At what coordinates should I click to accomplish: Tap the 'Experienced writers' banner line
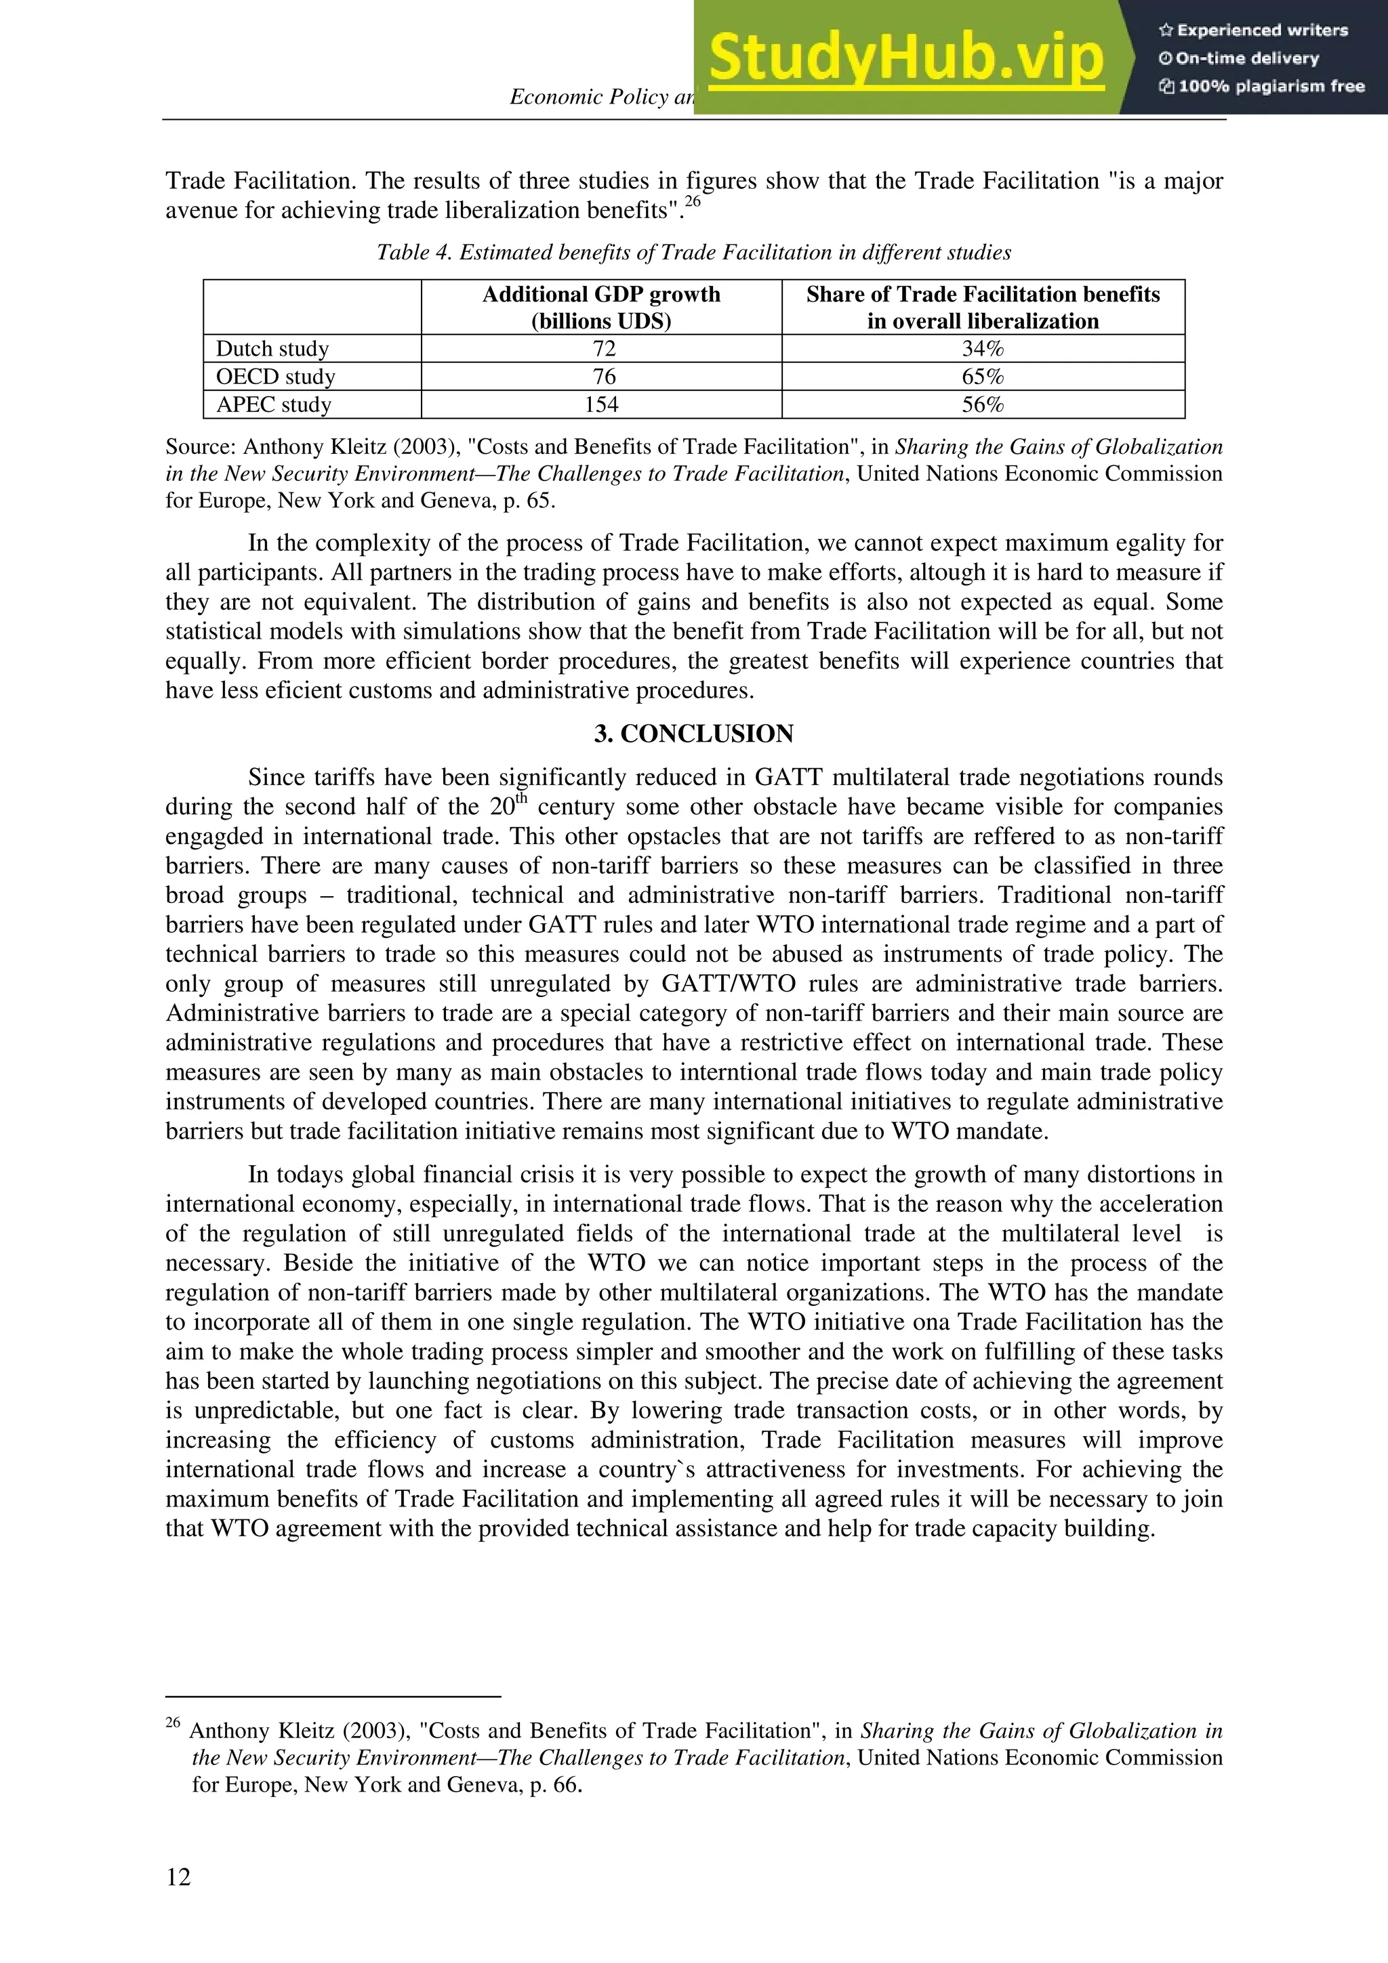1254,30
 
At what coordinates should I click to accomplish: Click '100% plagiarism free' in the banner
1263,86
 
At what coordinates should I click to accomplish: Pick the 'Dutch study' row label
272,349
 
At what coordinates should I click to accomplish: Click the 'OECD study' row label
275,377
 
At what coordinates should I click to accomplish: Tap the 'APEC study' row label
274,404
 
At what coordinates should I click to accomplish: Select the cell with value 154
601,404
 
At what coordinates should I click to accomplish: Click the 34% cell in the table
983,349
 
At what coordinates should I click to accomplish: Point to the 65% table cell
983,377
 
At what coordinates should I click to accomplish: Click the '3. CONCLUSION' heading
693,734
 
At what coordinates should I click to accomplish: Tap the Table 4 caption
693,252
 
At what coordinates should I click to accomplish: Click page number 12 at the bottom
179,1877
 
